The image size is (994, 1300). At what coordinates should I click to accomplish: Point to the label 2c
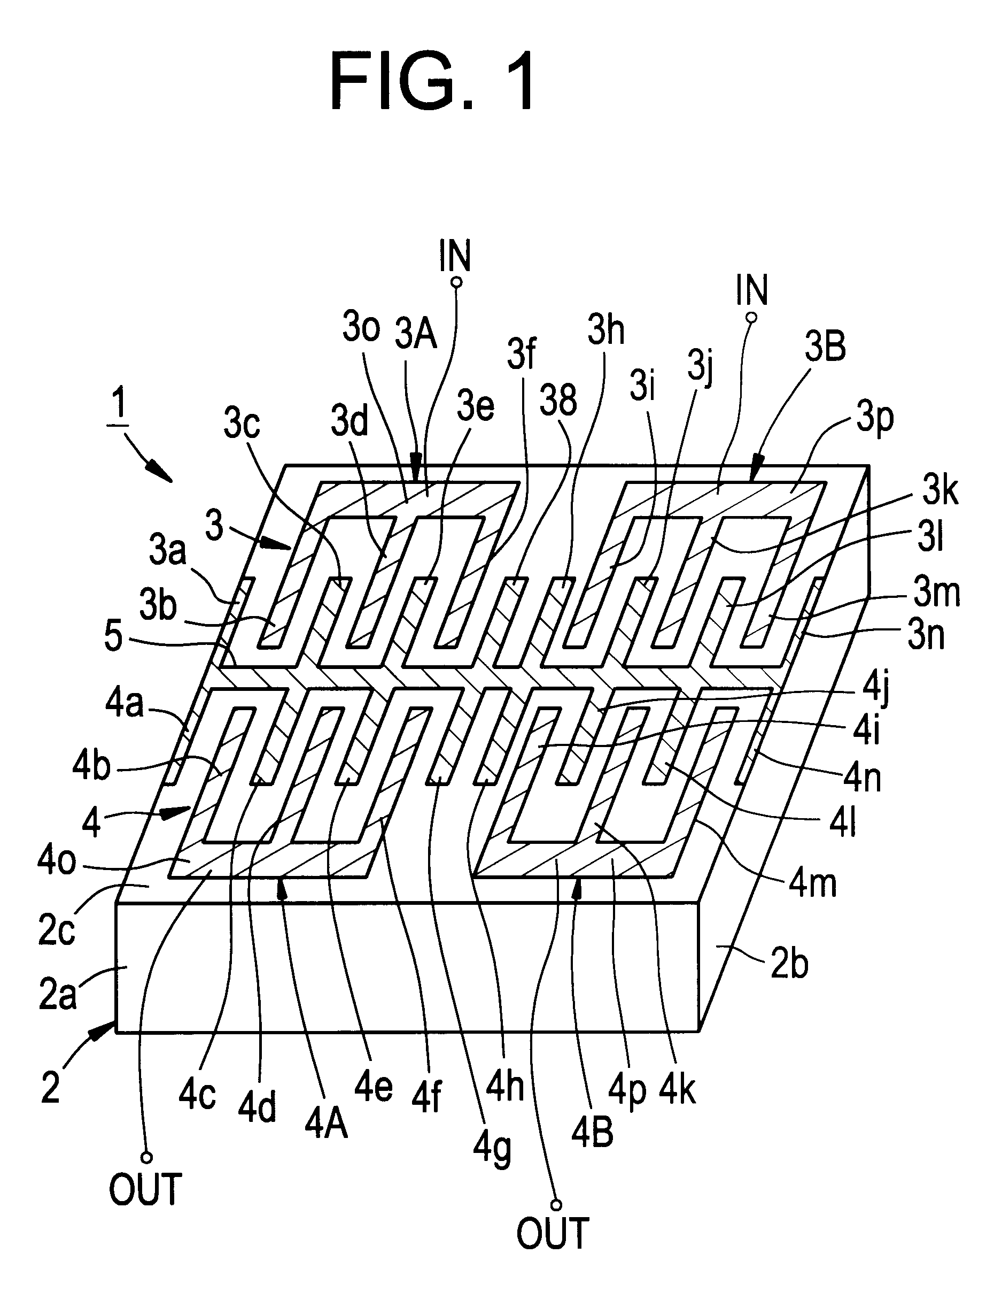pos(57,930)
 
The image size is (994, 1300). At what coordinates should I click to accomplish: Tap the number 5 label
pos(113,636)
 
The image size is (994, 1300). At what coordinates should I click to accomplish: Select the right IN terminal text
pos(752,290)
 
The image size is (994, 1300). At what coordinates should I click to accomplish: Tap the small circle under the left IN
pos(456,282)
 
